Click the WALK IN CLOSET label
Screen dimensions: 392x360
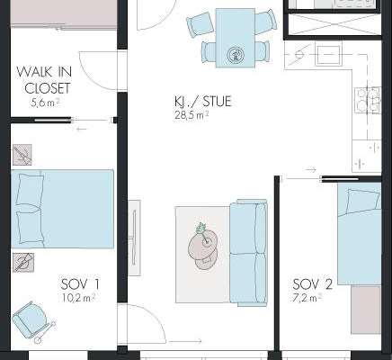click(44, 80)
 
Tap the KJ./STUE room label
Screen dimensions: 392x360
click(203, 102)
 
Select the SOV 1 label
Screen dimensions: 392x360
click(80, 284)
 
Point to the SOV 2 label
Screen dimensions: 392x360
click(313, 284)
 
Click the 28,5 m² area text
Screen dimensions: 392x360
click(192, 115)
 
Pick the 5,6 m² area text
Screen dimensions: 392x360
click(45, 103)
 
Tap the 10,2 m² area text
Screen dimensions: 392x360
click(79, 298)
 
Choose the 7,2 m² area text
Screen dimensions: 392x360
click(307, 298)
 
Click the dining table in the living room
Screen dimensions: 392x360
click(236, 38)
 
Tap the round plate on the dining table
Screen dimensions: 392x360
click(235, 55)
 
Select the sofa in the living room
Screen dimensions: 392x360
click(248, 253)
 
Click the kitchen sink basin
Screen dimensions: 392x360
click(328, 55)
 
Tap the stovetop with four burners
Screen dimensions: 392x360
click(368, 100)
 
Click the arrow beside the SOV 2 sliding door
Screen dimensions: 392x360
click(310, 170)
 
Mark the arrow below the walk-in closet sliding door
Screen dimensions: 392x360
click(82, 129)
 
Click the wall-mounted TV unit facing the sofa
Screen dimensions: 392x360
click(134, 238)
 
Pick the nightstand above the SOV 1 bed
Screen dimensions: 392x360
click(22, 155)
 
